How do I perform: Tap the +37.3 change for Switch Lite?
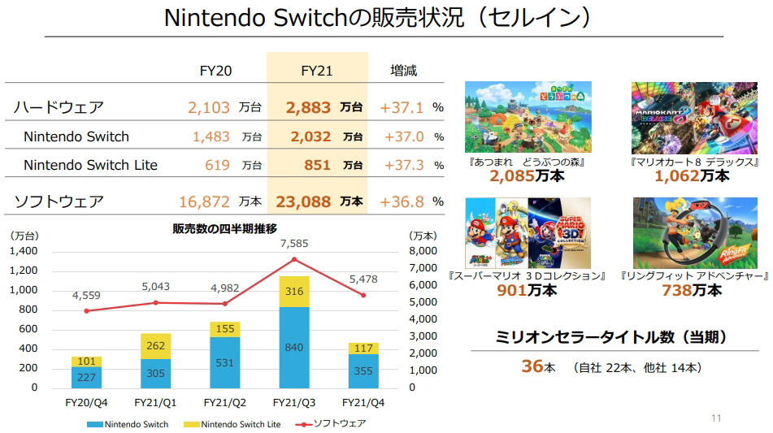[402, 165]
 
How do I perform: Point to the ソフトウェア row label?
[59, 201]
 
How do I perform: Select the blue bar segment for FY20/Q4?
[85, 377]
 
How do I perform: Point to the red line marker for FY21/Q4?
[363, 296]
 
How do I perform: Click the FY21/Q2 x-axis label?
[224, 403]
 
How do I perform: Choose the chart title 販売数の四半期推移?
[224, 228]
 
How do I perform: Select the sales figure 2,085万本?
[528, 175]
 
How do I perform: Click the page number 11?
[715, 418]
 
